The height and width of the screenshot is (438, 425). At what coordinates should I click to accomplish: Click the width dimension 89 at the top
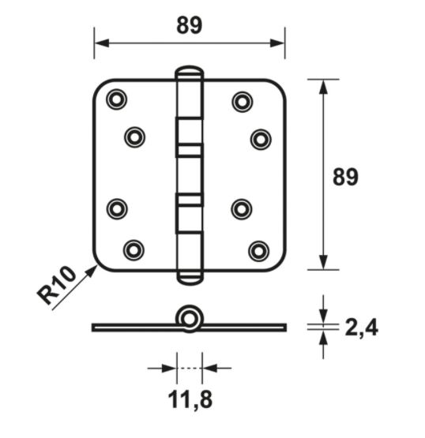click(x=189, y=25)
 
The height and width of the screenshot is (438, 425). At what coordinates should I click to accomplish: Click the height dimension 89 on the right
click(x=344, y=176)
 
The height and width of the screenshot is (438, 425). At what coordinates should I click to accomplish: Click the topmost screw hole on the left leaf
click(x=117, y=99)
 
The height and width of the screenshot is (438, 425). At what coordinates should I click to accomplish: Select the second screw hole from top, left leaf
click(x=134, y=137)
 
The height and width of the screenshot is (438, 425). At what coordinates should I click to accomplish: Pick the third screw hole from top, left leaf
click(x=117, y=209)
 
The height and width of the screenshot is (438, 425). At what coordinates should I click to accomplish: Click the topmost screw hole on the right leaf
click(x=242, y=101)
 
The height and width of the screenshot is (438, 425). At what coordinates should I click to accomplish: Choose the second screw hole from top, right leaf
click(x=261, y=139)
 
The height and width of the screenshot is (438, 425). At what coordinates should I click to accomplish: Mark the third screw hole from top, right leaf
click(x=242, y=209)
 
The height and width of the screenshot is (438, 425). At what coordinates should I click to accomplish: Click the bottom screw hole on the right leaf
click(x=258, y=250)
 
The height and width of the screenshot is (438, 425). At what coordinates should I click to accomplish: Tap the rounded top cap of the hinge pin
click(x=189, y=73)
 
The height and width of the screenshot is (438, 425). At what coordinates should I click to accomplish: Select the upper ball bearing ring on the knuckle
click(x=189, y=149)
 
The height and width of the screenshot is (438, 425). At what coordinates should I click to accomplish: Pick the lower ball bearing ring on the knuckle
click(x=189, y=200)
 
